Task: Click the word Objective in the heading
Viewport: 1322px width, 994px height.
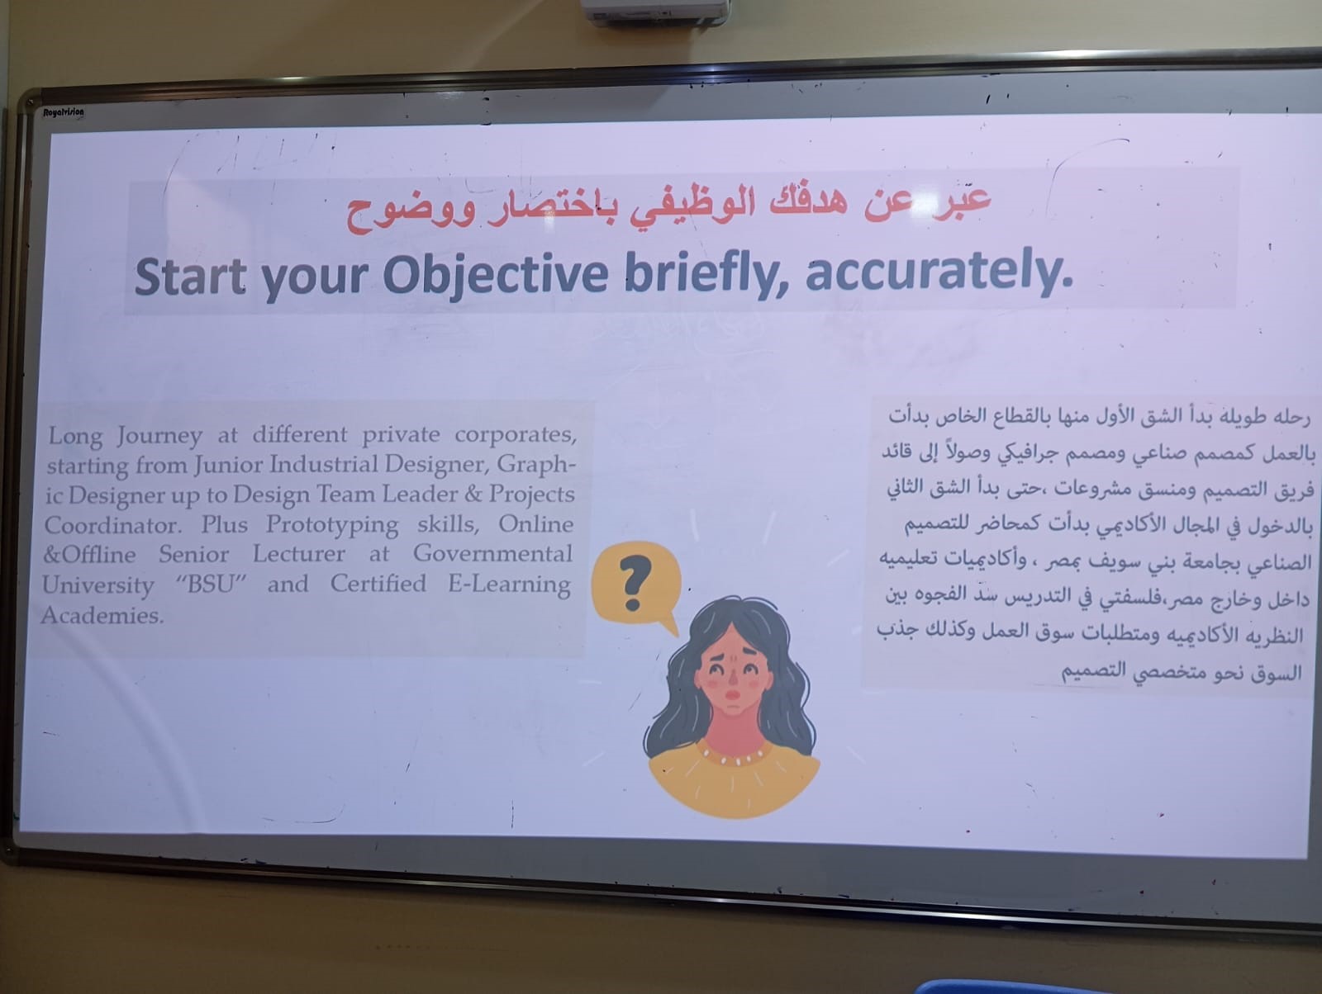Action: [495, 276]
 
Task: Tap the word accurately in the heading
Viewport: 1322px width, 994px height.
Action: [939, 270]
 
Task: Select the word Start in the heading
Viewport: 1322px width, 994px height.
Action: [190, 277]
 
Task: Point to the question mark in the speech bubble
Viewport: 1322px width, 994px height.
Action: [635, 582]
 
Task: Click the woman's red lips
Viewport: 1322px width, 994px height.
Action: [732, 694]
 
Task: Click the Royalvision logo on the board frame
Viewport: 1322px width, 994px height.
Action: [64, 112]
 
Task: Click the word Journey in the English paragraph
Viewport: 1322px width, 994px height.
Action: [159, 436]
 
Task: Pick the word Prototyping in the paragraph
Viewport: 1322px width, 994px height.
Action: [332, 525]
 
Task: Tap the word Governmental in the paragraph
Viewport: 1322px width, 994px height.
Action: [492, 554]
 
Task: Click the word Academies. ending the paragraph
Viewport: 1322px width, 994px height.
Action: [102, 615]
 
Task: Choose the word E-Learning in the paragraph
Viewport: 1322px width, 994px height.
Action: [509, 584]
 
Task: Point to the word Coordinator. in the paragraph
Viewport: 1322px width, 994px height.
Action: [112, 525]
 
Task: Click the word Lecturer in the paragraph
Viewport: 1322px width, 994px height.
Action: [299, 554]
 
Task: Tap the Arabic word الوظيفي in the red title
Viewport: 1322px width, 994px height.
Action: [686, 206]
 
